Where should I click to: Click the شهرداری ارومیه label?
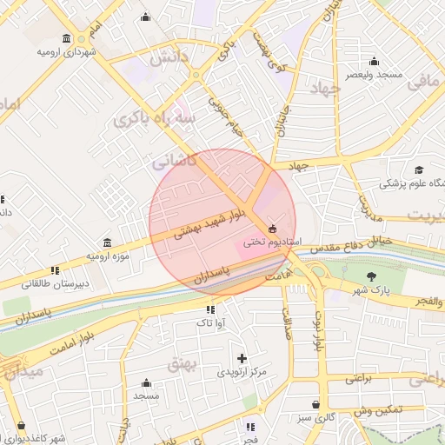66,52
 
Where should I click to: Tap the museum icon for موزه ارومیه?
107,242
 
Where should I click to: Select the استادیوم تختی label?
272,241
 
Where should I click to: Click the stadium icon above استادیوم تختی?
273,228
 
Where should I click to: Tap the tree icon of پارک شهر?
373,276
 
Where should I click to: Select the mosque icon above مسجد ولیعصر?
375,61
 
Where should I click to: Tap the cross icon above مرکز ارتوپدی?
242,358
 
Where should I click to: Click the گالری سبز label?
315,418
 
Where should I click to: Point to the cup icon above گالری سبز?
315,405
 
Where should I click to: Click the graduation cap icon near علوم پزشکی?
419,169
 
